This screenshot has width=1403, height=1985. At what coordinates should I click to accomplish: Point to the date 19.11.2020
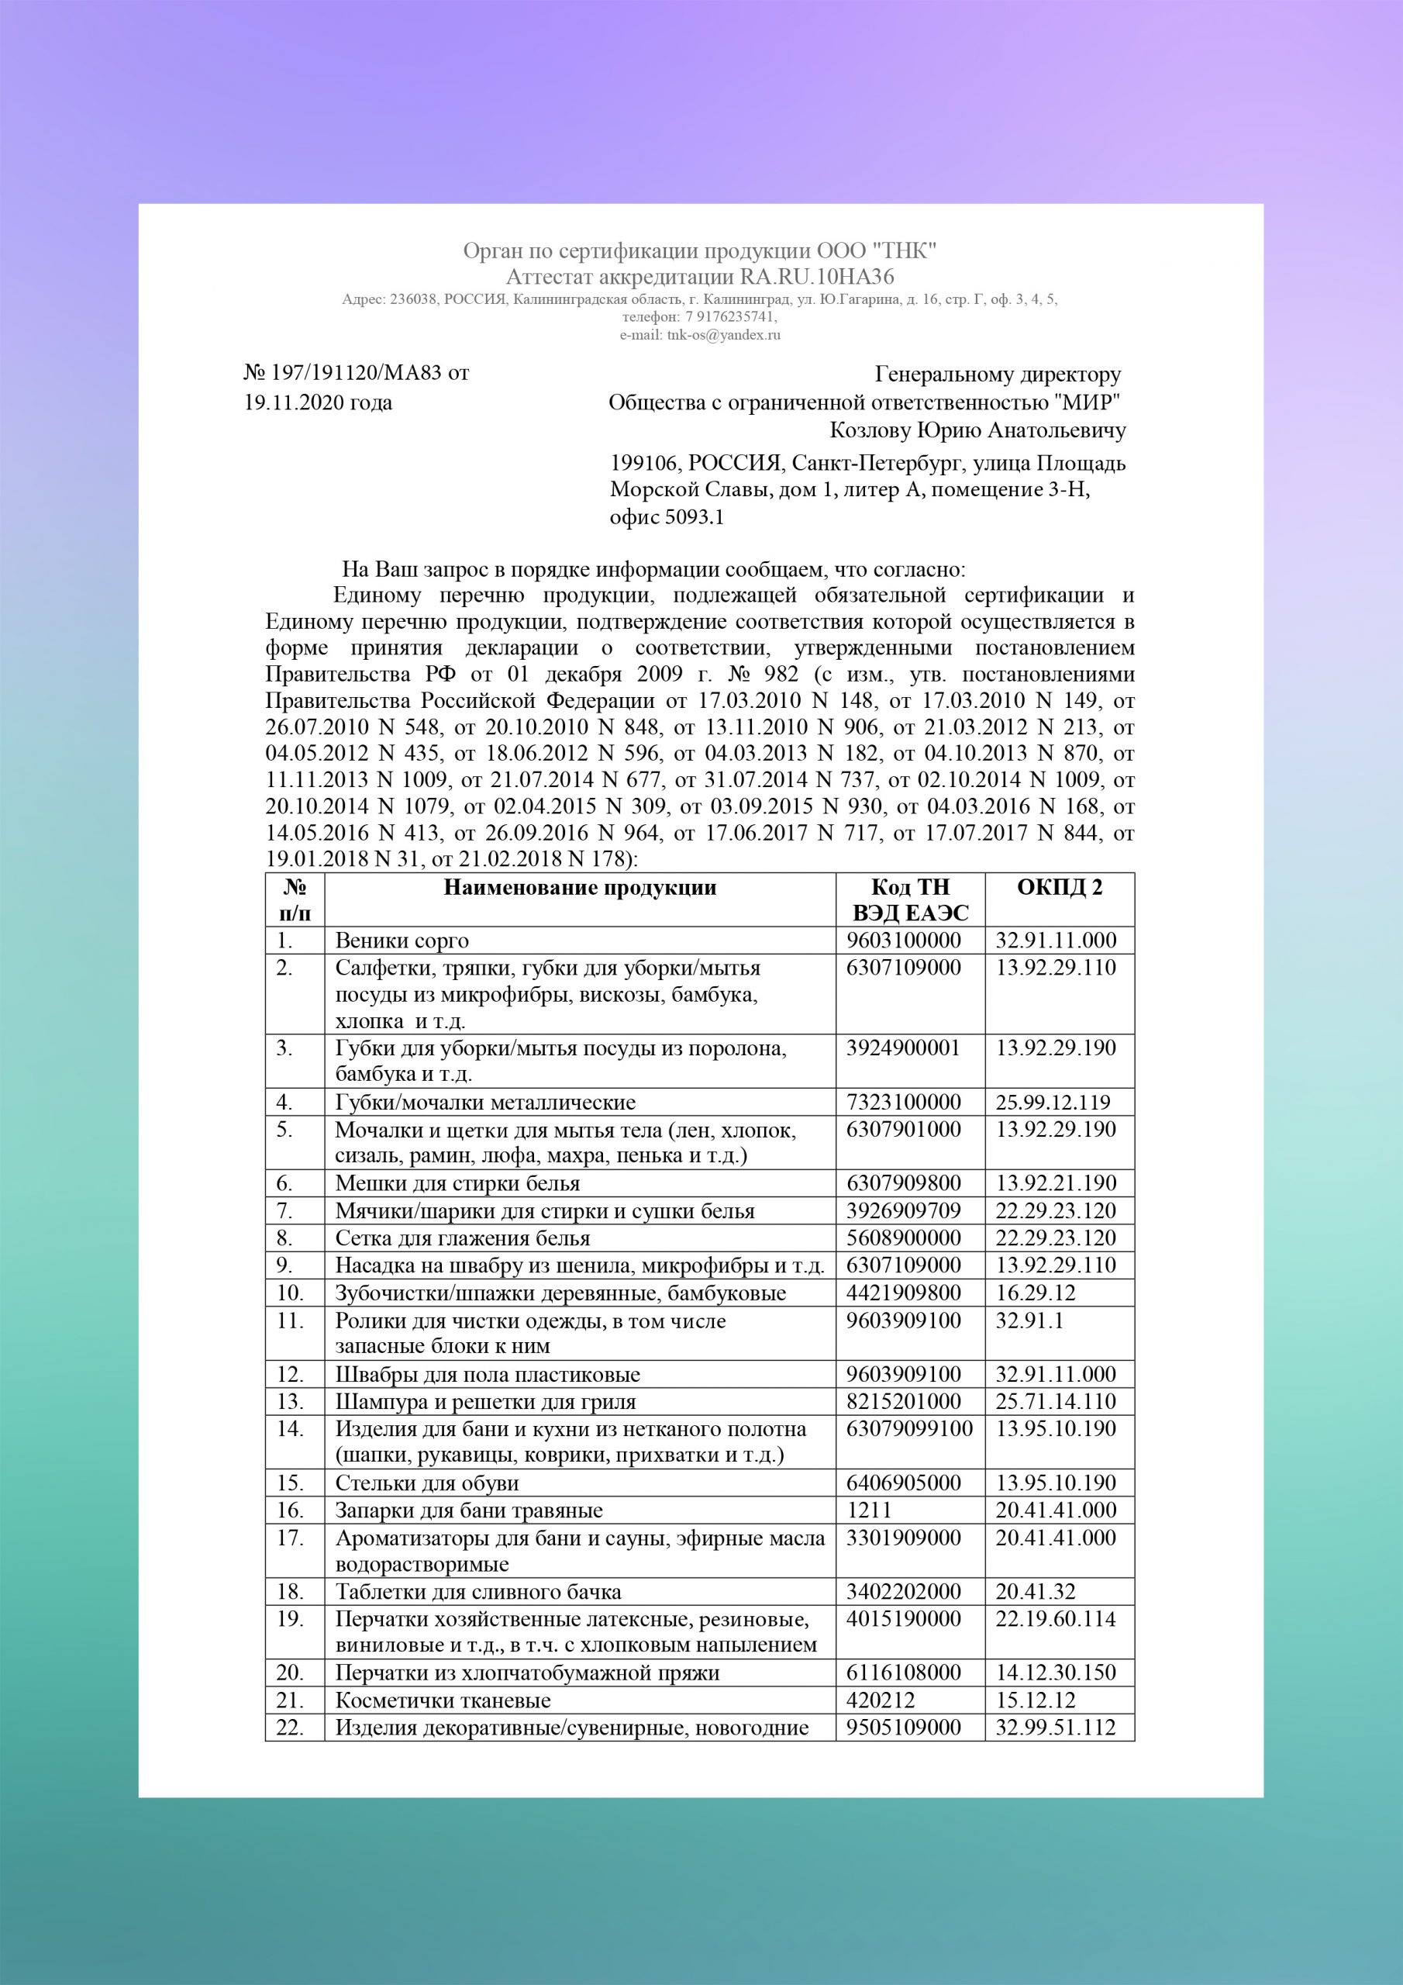[x=295, y=403]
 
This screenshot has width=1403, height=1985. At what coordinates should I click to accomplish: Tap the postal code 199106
[x=644, y=464]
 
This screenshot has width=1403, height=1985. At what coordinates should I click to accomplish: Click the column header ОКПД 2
[x=1059, y=888]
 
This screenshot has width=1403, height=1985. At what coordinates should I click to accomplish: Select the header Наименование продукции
[x=579, y=888]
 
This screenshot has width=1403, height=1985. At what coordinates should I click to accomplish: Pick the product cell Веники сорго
[x=402, y=941]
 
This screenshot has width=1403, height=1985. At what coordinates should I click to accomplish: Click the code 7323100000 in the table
[x=903, y=1103]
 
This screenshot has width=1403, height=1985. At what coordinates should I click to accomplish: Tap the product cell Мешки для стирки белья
[x=457, y=1183]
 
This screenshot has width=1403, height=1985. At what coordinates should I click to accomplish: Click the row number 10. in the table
[x=290, y=1293]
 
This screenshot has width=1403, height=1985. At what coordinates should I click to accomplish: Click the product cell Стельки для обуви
[x=427, y=1483]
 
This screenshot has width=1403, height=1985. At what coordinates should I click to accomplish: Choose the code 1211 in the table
[x=868, y=1510]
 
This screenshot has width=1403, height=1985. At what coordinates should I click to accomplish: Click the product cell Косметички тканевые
[x=443, y=1700]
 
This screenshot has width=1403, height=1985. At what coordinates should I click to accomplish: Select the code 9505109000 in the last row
[x=903, y=1728]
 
